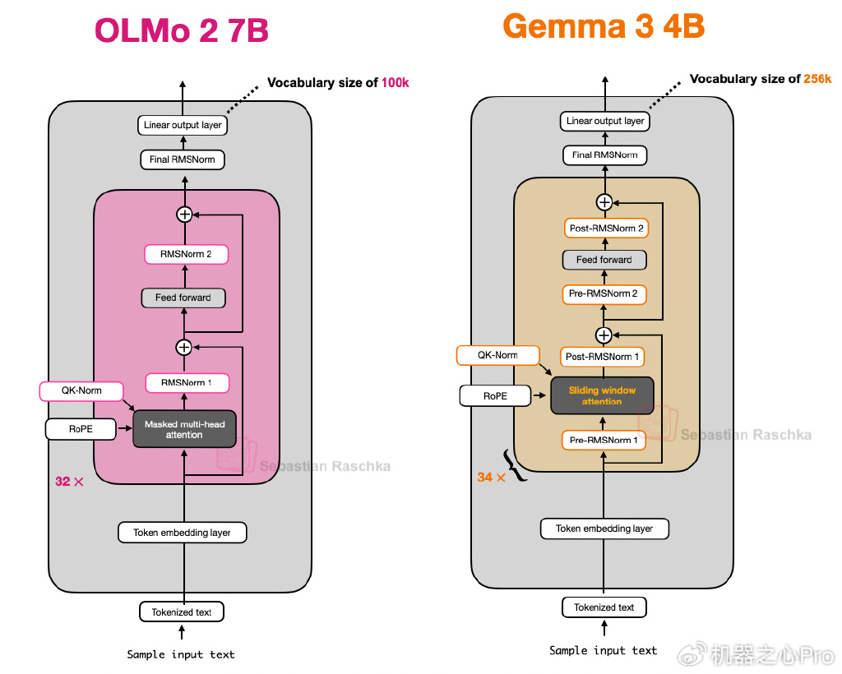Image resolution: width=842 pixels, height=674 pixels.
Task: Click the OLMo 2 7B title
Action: pyautogui.click(x=182, y=30)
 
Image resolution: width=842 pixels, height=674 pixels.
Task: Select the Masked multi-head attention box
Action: pyautogui.click(x=184, y=429)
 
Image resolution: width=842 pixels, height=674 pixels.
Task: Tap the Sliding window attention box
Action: pyautogui.click(x=602, y=395)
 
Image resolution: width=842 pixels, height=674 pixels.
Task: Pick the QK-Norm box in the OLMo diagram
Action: pyautogui.click(x=81, y=390)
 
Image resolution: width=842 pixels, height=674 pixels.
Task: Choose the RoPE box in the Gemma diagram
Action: pyautogui.click(x=495, y=396)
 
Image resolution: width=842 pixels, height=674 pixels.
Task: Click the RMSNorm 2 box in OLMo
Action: pyautogui.click(x=187, y=254)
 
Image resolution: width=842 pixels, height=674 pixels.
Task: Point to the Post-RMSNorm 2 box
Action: pyautogui.click(x=606, y=228)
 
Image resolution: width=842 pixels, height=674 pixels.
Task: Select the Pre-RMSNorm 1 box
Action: pyautogui.click(x=604, y=440)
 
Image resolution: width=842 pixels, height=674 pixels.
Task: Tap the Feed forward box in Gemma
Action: pyautogui.click(x=604, y=260)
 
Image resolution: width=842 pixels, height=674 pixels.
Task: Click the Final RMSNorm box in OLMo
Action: pyautogui.click(x=183, y=159)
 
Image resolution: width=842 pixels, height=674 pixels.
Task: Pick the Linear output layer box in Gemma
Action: pyautogui.click(x=605, y=121)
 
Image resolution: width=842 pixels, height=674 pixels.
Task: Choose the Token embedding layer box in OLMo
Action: pyautogui.click(x=182, y=533)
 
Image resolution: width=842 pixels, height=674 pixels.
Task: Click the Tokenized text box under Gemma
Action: pyautogui.click(x=604, y=607)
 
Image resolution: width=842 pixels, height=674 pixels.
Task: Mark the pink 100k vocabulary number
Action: pyautogui.click(x=396, y=83)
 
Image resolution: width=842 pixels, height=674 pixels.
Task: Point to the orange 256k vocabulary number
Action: pyautogui.click(x=817, y=79)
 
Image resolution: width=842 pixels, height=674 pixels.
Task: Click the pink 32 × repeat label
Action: pyautogui.click(x=69, y=482)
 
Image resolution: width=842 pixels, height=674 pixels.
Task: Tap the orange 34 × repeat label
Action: pyautogui.click(x=492, y=477)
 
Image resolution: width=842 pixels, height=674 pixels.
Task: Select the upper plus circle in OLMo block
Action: pyautogui.click(x=185, y=215)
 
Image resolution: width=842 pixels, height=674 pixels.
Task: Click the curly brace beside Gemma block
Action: pyautogui.click(x=513, y=465)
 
